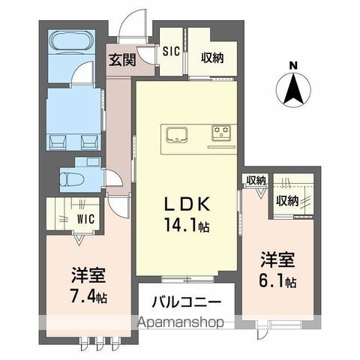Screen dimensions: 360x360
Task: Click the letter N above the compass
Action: (x=294, y=64)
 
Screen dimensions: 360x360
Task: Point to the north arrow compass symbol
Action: (x=294, y=90)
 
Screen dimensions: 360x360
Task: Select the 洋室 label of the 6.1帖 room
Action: (x=278, y=262)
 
